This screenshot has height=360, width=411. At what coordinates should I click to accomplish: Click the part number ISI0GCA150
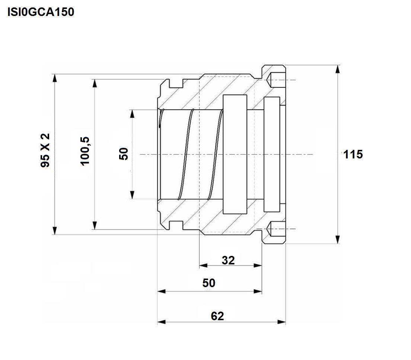tap(41, 12)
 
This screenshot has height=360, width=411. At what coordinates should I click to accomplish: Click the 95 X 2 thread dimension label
tap(45, 150)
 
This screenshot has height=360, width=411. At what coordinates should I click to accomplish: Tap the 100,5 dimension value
tap(85, 151)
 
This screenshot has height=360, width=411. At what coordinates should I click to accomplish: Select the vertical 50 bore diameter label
tap(124, 154)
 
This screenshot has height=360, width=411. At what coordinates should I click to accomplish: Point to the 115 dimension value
tap(353, 154)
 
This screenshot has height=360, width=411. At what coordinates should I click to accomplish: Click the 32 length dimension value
tap(228, 260)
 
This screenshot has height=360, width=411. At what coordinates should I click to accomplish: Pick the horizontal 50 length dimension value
tap(208, 283)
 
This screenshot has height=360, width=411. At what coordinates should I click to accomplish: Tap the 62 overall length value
tap(217, 316)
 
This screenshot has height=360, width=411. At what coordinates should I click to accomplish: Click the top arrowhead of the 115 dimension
tap(338, 69)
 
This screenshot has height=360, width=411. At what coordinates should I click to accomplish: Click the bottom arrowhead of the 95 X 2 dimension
tap(54, 231)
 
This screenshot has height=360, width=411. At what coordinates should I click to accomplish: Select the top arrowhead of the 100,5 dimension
tap(95, 83)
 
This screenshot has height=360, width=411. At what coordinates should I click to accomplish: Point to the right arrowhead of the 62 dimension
tap(281, 322)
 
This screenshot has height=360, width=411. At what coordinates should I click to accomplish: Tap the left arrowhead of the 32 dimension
tap(203, 266)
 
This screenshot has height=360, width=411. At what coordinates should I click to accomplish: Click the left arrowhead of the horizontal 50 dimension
tap(162, 291)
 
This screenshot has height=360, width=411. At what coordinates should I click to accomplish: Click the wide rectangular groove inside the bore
tap(235, 154)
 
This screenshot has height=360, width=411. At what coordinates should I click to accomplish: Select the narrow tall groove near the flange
tap(272, 154)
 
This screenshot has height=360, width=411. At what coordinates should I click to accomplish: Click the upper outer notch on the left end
tap(176, 83)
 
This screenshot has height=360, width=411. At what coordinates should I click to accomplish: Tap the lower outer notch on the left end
tap(176, 225)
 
